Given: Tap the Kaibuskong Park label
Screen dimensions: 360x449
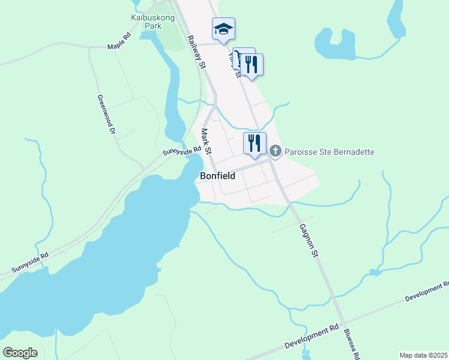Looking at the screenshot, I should [x=148, y=22].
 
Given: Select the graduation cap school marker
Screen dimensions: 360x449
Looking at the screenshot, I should [x=223, y=29].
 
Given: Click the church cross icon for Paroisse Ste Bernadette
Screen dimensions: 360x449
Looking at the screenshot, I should [x=276, y=151].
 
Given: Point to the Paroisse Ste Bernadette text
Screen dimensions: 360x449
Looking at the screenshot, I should [x=330, y=152].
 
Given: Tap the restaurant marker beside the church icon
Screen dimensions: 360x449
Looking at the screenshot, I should [x=255, y=143].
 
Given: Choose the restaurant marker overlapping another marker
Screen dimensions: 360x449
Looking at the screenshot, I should [x=252, y=65].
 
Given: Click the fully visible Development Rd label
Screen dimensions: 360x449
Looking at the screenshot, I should [x=312, y=338].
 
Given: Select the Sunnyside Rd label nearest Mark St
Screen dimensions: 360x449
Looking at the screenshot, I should [x=181, y=151].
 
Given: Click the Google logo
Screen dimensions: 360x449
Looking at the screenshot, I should [x=20, y=352].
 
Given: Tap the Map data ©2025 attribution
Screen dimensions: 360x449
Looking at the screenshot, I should [x=423, y=355].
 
